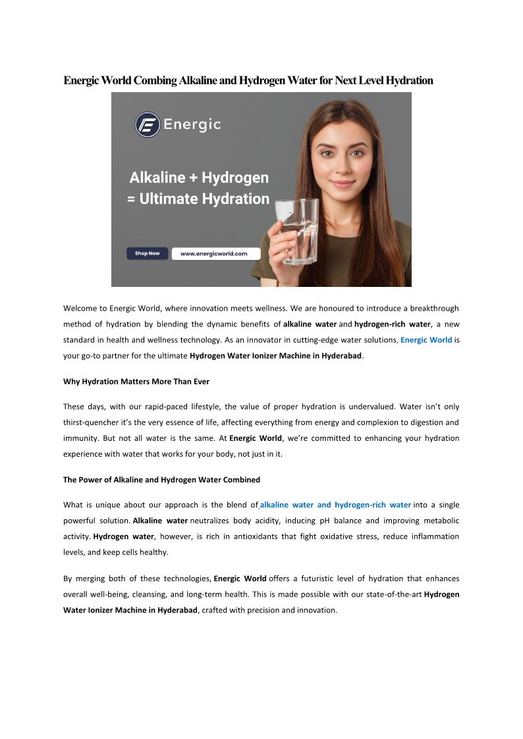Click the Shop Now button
(147, 253)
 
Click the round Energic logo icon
(148, 124)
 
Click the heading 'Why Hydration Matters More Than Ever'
(136, 382)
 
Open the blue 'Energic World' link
(426, 340)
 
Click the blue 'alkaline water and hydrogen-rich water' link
(336, 505)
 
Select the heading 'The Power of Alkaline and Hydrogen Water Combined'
(161, 480)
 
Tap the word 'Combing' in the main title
(155, 80)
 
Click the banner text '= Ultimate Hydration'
(198, 199)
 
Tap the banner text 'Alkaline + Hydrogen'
(199, 178)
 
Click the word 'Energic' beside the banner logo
(192, 124)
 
